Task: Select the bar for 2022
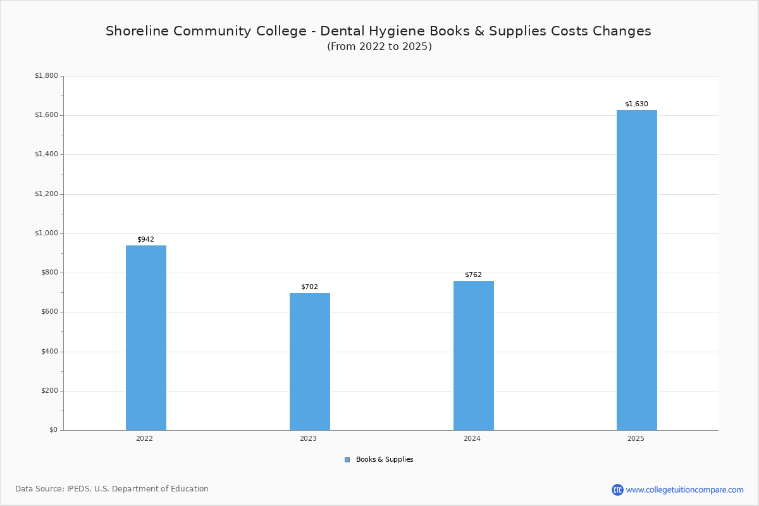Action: tap(145, 338)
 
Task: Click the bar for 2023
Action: tap(309, 361)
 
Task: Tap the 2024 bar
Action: tap(473, 355)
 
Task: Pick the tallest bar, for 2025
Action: tap(636, 270)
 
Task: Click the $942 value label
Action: tap(145, 240)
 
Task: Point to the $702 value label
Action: tap(309, 287)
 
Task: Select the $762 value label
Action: tap(473, 275)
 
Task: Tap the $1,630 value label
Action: tap(636, 104)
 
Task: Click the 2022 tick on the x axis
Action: tap(144, 438)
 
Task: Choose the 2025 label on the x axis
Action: tap(636, 438)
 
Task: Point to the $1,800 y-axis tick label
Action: tap(46, 76)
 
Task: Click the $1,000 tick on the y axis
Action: tap(46, 233)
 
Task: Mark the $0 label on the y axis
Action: tap(53, 430)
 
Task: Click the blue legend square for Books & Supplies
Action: tap(347, 460)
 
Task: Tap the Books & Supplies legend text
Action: tap(385, 460)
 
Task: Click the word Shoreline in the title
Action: tap(134, 31)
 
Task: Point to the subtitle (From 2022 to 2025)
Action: tap(379, 47)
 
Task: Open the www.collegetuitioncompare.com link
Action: tap(684, 490)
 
